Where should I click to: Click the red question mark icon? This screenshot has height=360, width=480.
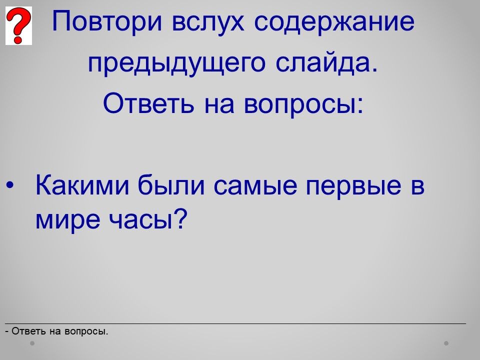[x=18, y=25]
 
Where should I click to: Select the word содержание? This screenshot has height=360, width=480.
[x=334, y=22]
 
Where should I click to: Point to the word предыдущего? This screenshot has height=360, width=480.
[x=176, y=63]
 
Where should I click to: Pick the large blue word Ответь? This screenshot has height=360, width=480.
[x=148, y=103]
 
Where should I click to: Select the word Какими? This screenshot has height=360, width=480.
[x=82, y=185]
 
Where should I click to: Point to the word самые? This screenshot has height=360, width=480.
[x=255, y=186]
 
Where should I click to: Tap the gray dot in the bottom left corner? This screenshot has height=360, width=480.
[x=32, y=343]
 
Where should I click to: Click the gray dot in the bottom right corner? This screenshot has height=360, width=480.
[x=446, y=343]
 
